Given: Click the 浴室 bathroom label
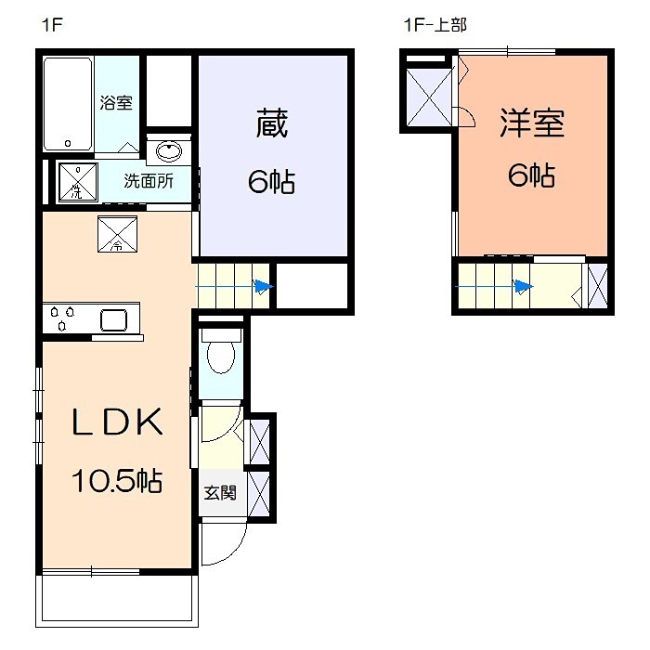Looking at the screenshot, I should [x=116, y=101].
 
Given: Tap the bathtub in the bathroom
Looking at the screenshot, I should [x=68, y=103].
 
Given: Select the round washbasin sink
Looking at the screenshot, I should [x=168, y=150].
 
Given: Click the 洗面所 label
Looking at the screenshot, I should [x=149, y=181].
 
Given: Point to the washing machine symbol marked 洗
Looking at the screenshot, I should [x=78, y=181].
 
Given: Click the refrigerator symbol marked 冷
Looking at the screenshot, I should [x=117, y=234].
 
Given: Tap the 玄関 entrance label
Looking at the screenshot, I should [x=220, y=492].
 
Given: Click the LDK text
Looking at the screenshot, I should [x=119, y=423].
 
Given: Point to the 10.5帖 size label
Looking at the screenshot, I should [x=118, y=481].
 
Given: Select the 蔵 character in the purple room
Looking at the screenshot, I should [x=271, y=124].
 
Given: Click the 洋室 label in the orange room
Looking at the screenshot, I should [x=532, y=123].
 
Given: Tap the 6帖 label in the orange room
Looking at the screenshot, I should [x=531, y=175].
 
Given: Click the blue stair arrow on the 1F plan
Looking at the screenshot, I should [x=264, y=287].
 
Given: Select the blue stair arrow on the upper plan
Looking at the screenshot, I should [x=524, y=286].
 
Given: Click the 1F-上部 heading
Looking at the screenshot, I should [x=433, y=26].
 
